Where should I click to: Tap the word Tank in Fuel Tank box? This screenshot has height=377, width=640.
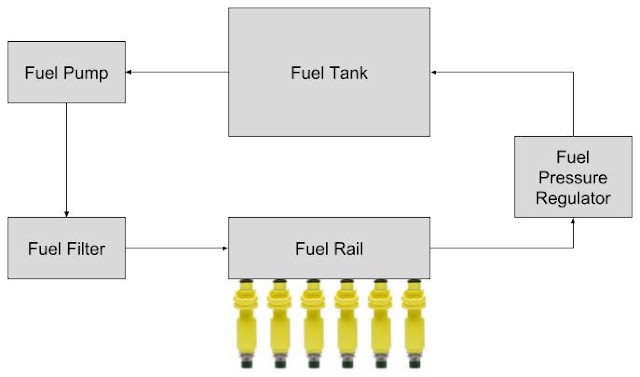point(348,73)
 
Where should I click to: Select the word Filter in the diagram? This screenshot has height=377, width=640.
point(83,249)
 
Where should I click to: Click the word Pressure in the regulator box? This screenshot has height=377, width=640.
point(573,178)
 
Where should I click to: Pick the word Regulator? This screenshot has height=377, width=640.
point(573,199)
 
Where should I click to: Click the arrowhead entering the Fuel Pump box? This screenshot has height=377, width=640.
point(128,73)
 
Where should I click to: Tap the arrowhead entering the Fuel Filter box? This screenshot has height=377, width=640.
point(67,214)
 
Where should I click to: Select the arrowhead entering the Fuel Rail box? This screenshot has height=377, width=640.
point(225,248)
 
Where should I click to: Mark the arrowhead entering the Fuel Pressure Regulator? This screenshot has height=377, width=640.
point(573,221)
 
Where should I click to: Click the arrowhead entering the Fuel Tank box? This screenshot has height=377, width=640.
point(434,73)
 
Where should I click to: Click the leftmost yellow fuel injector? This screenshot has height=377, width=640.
point(246,323)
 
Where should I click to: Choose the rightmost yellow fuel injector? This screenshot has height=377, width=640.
point(414,323)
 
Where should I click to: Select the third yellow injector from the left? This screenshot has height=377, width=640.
point(313,323)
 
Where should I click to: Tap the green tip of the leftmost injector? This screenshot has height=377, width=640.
point(246,362)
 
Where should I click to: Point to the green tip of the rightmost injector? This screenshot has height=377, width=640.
point(414,362)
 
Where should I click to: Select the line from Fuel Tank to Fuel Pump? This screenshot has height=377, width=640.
point(177,73)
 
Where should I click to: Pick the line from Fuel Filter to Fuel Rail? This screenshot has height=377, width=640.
point(177,248)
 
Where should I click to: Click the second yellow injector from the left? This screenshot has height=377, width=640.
point(280,323)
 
